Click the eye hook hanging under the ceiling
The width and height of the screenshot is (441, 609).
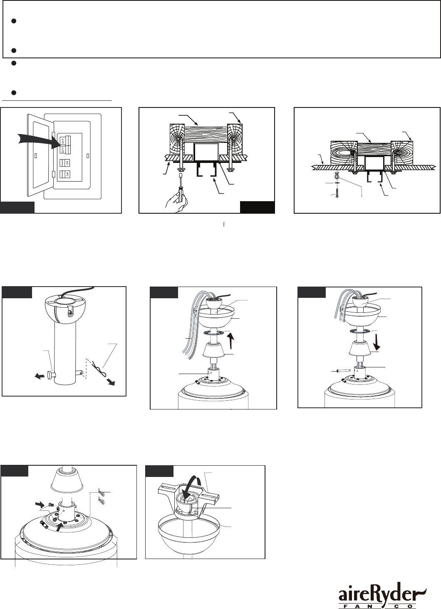[337, 175]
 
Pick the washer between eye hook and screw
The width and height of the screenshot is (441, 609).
[337, 184]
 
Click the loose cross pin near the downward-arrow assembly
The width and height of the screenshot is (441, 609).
[342, 371]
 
